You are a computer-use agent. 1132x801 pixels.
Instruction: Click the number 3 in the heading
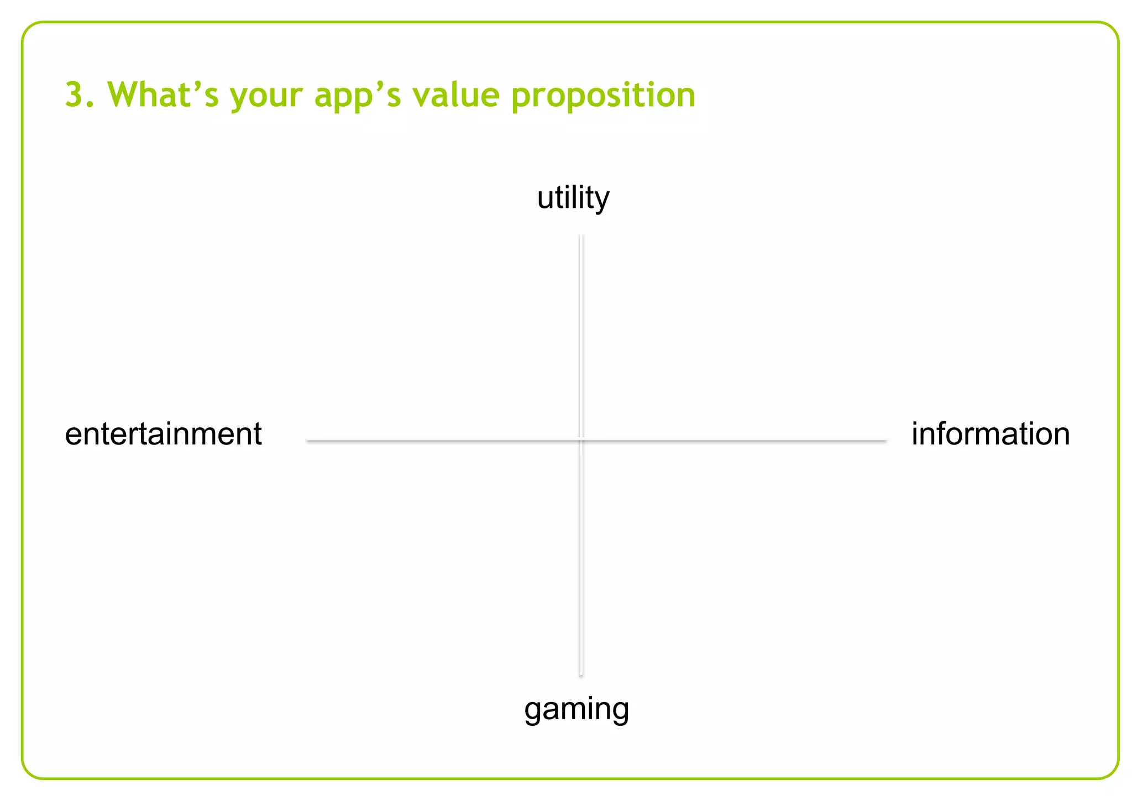pos(74,95)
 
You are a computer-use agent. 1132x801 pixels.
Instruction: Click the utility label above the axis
pos(573,198)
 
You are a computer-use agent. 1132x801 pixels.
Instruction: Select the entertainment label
pos(163,434)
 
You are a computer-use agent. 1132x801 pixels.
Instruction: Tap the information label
pos(990,434)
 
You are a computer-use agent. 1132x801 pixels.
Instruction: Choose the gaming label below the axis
pos(577,710)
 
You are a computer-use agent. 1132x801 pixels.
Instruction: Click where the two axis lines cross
pos(581,441)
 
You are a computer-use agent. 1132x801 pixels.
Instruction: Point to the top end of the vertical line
pos(581,237)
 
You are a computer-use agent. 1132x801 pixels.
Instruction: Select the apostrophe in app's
pos(379,85)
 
